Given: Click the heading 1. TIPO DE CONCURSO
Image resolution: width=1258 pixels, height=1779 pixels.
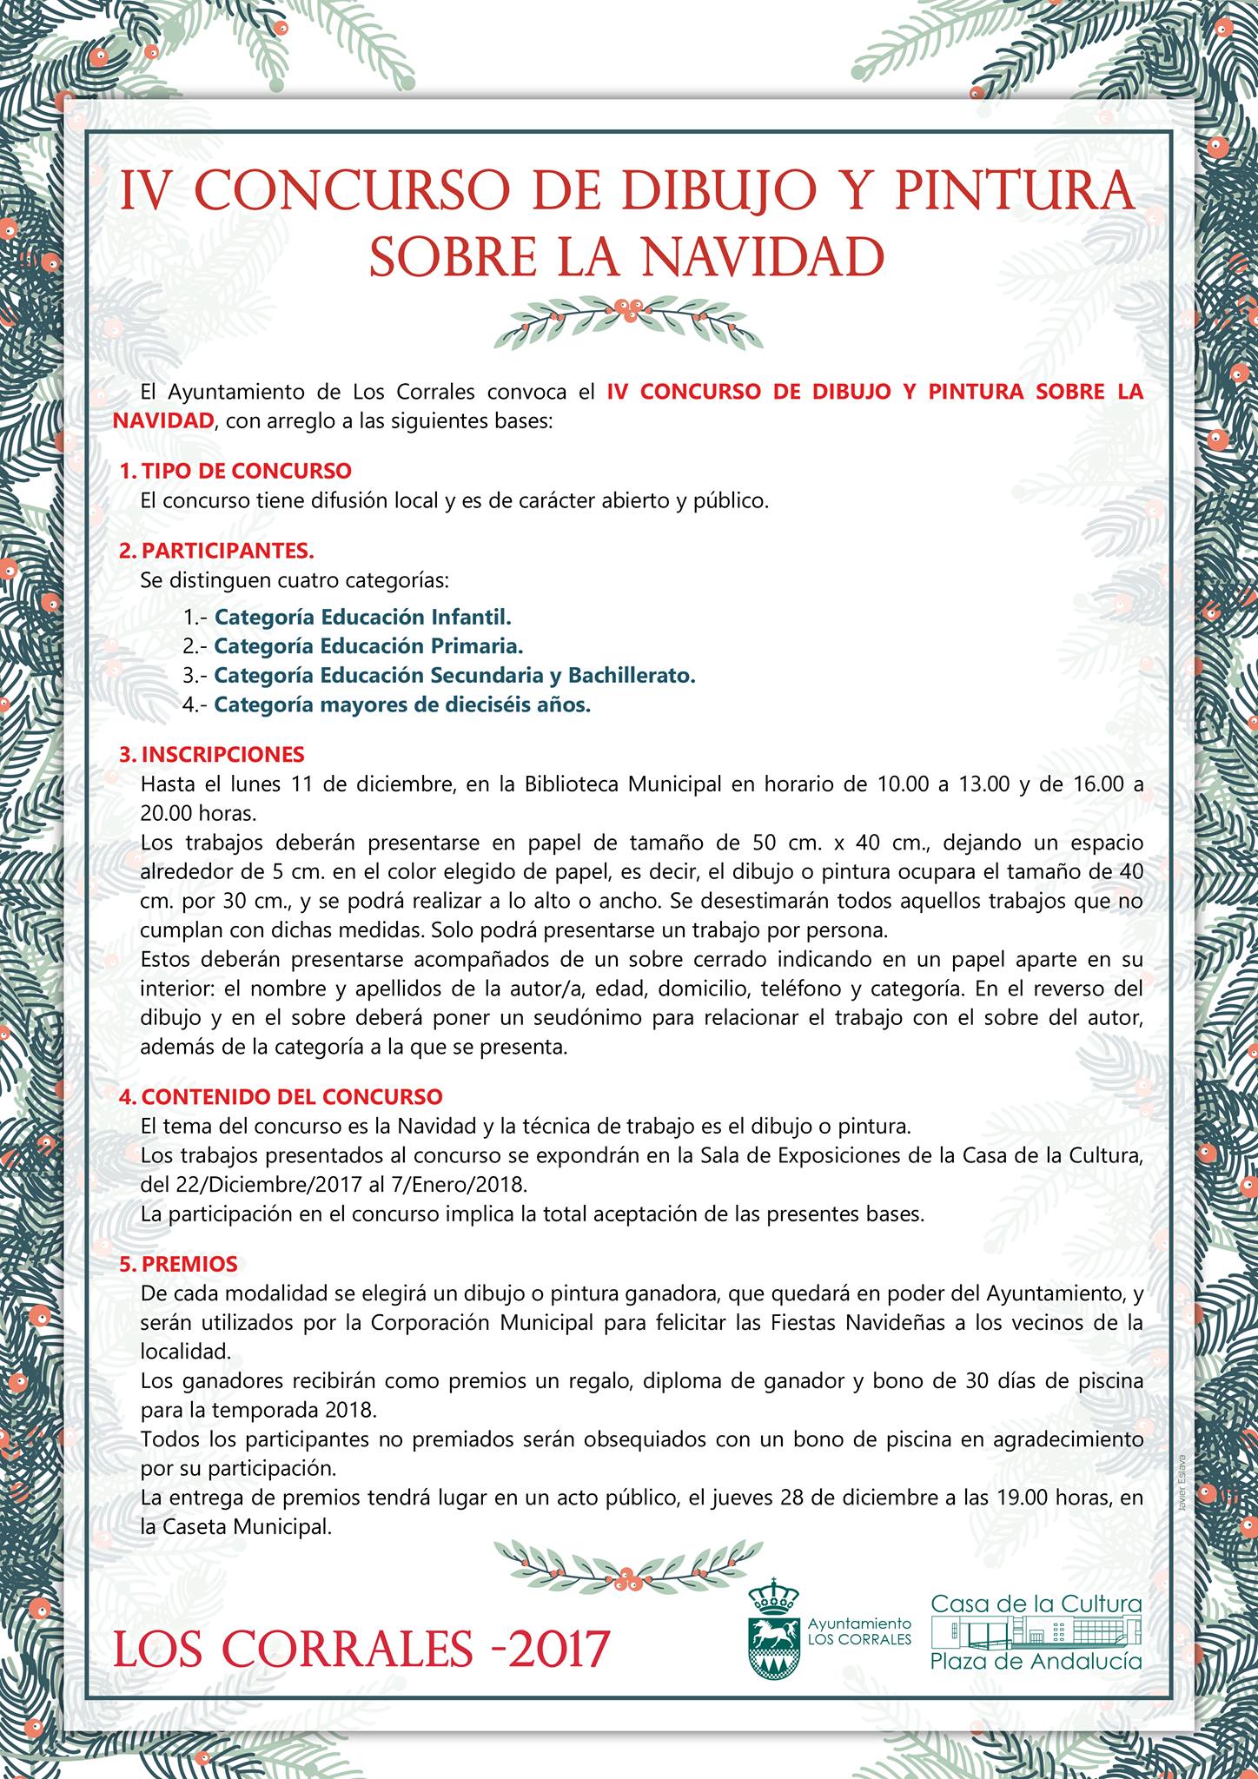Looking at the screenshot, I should click(235, 471).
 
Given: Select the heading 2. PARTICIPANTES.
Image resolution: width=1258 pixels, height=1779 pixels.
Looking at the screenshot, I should click(217, 550).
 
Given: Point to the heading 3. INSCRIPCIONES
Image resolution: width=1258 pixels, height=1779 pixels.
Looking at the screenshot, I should click(212, 753).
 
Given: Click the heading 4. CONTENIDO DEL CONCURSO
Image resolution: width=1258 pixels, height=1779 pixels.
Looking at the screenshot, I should click(281, 1096).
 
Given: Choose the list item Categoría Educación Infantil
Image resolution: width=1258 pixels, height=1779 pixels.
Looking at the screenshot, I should click(363, 617).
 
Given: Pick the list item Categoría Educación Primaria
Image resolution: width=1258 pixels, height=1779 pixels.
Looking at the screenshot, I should click(368, 646).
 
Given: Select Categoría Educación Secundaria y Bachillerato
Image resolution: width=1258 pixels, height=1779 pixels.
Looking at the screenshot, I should click(454, 675).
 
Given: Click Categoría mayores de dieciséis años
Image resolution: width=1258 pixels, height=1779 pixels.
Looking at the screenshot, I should click(402, 704).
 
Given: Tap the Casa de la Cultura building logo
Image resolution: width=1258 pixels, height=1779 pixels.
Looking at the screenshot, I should click(1036, 1631).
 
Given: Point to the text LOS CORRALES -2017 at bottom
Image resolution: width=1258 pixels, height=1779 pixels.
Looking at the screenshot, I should click(361, 1648).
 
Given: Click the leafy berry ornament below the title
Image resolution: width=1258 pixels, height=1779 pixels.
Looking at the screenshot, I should click(628, 320).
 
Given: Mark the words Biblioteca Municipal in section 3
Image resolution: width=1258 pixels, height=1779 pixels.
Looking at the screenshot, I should click(623, 784).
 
